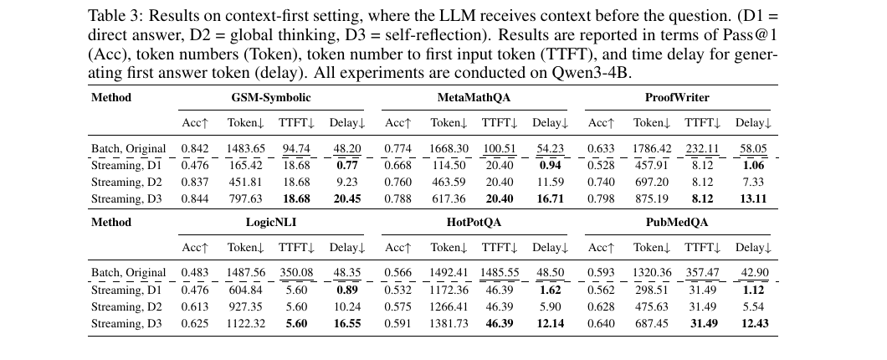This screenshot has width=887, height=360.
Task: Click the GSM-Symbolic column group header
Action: [270, 98]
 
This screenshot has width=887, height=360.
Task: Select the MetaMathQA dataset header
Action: [474, 98]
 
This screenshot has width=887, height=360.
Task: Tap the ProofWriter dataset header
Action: [676, 98]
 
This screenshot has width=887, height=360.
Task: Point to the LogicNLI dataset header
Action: [270, 223]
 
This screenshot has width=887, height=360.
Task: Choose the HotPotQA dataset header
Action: [474, 223]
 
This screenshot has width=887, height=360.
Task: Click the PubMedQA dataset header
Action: [676, 223]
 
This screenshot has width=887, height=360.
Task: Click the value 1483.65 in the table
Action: [246, 149]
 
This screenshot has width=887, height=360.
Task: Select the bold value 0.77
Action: [346, 166]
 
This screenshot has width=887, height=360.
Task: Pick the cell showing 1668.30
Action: [449, 149]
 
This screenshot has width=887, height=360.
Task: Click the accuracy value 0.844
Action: [195, 199]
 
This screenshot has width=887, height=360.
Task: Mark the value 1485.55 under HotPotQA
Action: [500, 273]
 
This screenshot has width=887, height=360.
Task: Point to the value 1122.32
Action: [246, 324]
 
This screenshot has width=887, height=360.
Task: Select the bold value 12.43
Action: [753, 324]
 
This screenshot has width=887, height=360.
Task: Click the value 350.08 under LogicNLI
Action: [297, 273]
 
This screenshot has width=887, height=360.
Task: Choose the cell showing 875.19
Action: [651, 199]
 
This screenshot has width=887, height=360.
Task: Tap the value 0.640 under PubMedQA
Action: [601, 324]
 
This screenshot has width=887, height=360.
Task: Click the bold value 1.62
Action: [550, 291]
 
